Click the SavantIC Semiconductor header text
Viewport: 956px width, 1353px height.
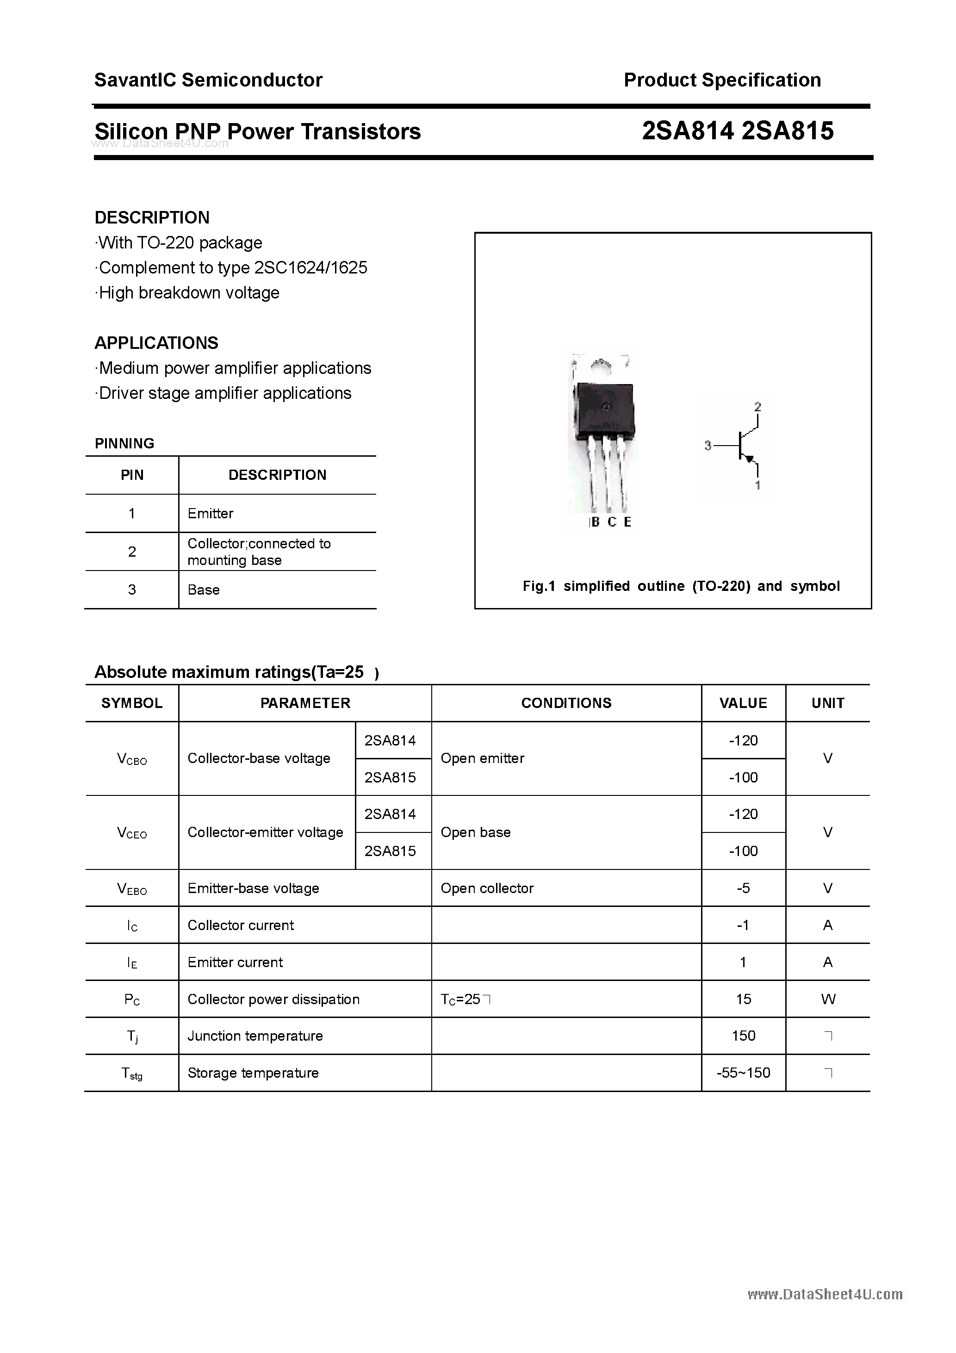208,80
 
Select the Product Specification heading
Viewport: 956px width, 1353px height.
722,80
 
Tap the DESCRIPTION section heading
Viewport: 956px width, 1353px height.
152,217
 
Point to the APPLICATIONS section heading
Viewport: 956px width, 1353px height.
156,343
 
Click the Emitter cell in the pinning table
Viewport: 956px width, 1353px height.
211,513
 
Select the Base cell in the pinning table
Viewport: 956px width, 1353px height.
203,590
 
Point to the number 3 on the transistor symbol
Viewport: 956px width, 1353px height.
708,446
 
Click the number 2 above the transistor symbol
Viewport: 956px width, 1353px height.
757,407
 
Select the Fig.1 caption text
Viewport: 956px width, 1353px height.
681,586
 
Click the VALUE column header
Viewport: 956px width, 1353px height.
743,703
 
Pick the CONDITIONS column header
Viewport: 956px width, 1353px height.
566,703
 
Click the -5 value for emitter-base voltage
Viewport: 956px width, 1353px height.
743,888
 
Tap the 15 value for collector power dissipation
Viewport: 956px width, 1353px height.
743,999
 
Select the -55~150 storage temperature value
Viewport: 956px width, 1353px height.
743,1073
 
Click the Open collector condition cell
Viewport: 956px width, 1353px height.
487,888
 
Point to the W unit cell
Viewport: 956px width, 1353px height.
827,999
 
